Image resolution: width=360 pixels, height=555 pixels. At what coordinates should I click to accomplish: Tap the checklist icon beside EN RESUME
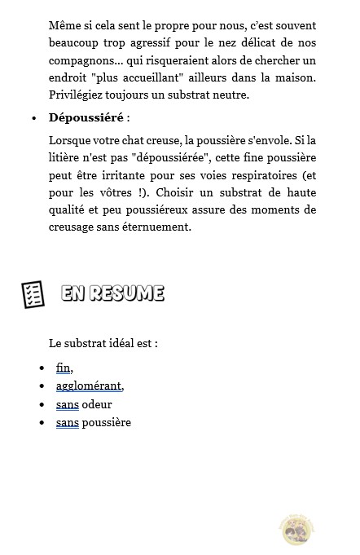click(x=33, y=294)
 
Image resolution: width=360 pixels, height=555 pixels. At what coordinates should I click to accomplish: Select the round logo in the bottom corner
click(x=296, y=529)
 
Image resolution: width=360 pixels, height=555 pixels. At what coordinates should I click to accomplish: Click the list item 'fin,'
click(x=64, y=368)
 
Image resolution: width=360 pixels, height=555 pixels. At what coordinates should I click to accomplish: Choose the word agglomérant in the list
click(x=90, y=385)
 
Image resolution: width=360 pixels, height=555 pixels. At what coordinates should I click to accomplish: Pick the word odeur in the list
click(x=97, y=404)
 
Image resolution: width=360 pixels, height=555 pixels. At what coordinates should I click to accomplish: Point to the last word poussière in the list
click(x=106, y=422)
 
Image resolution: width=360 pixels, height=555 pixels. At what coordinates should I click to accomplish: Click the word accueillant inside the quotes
click(x=166, y=78)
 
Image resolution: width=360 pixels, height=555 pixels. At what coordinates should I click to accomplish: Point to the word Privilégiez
click(x=78, y=95)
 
